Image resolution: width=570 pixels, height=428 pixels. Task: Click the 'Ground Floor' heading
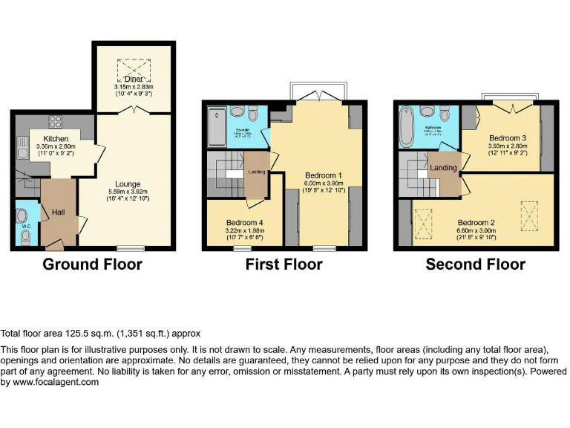click(92, 265)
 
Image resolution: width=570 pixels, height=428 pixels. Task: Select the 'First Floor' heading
click(284, 265)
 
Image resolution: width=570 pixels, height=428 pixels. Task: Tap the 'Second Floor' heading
click(475, 265)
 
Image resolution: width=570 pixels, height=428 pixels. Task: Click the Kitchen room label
click(56, 139)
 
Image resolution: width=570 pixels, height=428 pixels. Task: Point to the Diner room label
click(134, 80)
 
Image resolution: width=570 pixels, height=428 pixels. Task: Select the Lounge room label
click(128, 184)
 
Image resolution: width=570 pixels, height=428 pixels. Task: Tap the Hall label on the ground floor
click(59, 213)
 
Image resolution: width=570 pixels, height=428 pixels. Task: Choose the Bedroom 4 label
click(244, 222)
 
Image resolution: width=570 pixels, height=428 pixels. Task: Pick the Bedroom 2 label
click(475, 222)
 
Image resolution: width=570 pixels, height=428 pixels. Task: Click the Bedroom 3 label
click(508, 138)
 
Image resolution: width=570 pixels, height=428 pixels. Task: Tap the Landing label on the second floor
click(443, 169)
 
